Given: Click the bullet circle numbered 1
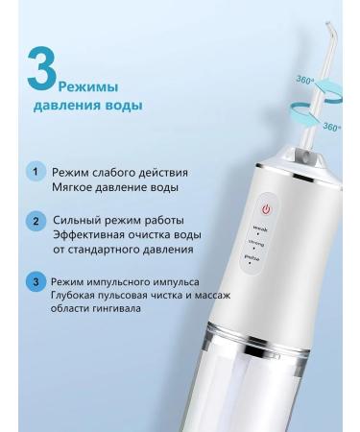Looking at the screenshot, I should pos(36,171).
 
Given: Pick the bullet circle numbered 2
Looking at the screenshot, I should pos(36,221).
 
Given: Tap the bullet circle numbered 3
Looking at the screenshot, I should pos(36,283).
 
